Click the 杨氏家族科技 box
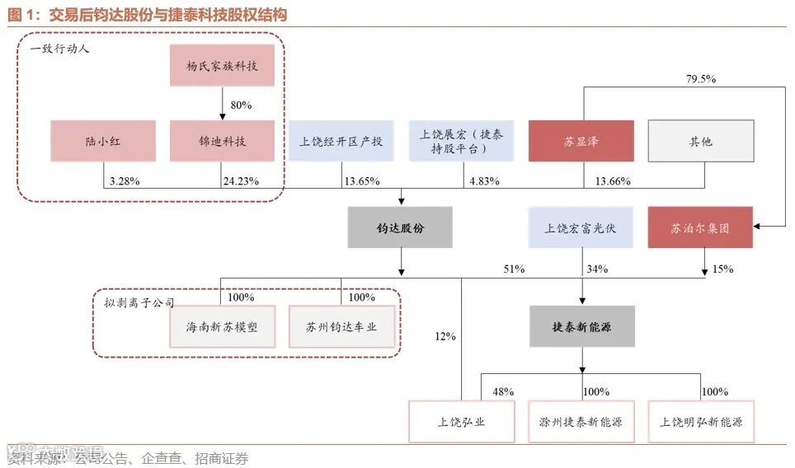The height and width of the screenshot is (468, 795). pos(221,65)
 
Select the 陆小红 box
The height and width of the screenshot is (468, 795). pos(102,141)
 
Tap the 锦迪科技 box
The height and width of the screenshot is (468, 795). pos(221,141)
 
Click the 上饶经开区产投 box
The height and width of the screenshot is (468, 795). pos(341,141)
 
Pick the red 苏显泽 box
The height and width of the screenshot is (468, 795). pos(581,141)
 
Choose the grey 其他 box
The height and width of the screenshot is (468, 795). pos(700,141)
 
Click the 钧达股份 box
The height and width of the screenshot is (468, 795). pos(400,227)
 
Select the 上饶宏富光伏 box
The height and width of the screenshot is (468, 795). pos(581,227)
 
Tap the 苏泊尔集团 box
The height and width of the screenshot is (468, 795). pos(700,227)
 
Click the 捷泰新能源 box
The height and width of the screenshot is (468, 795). pos(581,327)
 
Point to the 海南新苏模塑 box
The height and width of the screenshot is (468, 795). pos(221,326)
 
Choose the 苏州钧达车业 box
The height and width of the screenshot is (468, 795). pos(341,326)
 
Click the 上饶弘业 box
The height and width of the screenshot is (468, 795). pos(461,422)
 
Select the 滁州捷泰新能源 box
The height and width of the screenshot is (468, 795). pos(581,422)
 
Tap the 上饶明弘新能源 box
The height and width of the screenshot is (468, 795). pos(701,422)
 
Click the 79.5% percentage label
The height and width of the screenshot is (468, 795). pos(701,79)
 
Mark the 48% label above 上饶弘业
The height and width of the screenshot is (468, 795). pos(504,391)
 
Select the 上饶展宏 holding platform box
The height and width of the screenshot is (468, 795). pos(461,141)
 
